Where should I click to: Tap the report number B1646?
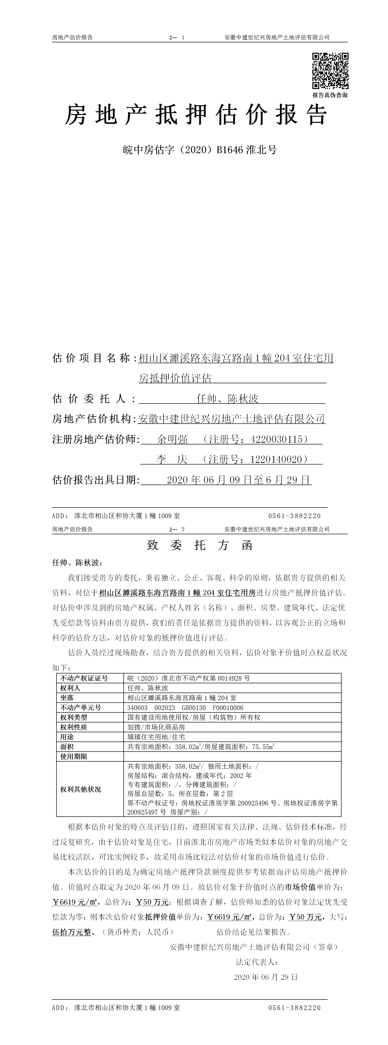(x=230, y=150)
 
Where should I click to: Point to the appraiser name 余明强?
(x=172, y=439)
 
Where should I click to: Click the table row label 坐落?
(x=67, y=698)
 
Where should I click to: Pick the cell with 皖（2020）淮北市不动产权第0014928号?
(x=188, y=678)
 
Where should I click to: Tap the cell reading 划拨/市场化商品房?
(x=156, y=727)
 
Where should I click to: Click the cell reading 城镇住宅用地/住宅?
(x=156, y=737)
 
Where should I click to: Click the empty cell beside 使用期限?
(x=232, y=756)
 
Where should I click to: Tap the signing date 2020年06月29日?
(x=266, y=977)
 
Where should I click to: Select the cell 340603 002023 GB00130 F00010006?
(x=185, y=708)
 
